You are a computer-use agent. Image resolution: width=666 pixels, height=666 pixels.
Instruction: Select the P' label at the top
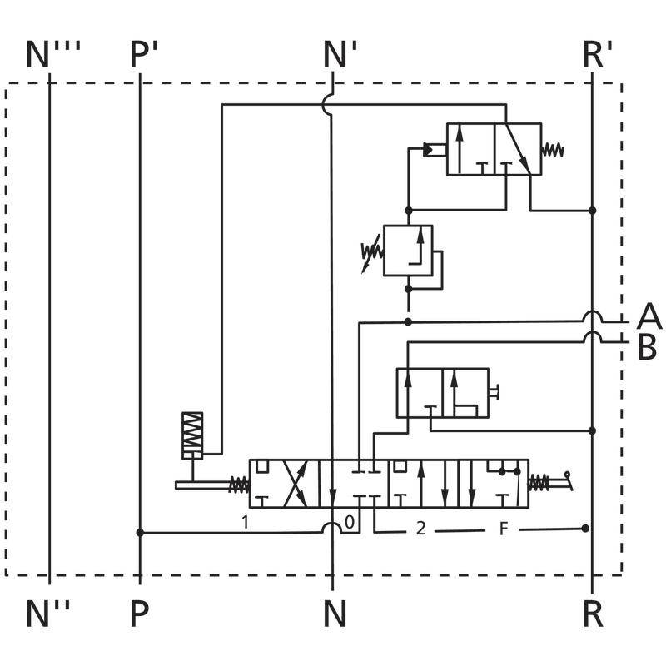pyautogui.click(x=144, y=55)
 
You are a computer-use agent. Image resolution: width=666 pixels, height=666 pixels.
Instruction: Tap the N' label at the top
pyautogui.click(x=340, y=55)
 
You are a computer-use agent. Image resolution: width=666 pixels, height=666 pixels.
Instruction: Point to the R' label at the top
pyautogui.click(x=598, y=55)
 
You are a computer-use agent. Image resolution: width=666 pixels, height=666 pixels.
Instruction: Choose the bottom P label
pyautogui.click(x=139, y=614)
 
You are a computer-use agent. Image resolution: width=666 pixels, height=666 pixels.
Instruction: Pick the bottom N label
pyautogui.click(x=334, y=614)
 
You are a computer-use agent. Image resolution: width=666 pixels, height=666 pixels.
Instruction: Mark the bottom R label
pyautogui.click(x=592, y=614)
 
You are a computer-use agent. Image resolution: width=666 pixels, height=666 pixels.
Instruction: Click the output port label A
pyautogui.click(x=649, y=317)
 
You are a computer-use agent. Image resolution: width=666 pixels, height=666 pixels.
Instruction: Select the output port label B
pyautogui.click(x=647, y=348)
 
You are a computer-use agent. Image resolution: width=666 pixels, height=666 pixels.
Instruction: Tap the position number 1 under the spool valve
pyautogui.click(x=245, y=524)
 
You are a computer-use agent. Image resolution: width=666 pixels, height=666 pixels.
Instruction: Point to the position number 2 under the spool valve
pyautogui.click(x=421, y=529)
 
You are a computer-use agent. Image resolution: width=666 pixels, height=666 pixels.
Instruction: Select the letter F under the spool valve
pyautogui.click(x=503, y=529)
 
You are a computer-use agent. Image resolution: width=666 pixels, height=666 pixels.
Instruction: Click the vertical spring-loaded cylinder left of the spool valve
pyautogui.click(x=192, y=435)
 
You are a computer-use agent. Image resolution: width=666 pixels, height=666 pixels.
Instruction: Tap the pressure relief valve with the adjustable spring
pyautogui.click(x=407, y=250)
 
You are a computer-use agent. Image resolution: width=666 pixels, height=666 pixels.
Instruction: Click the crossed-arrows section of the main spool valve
pyautogui.click(x=296, y=483)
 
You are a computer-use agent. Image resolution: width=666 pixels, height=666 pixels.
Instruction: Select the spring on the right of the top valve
pyautogui.click(x=554, y=150)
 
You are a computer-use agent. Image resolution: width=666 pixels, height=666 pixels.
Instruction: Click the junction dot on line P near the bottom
pyautogui.click(x=140, y=532)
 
